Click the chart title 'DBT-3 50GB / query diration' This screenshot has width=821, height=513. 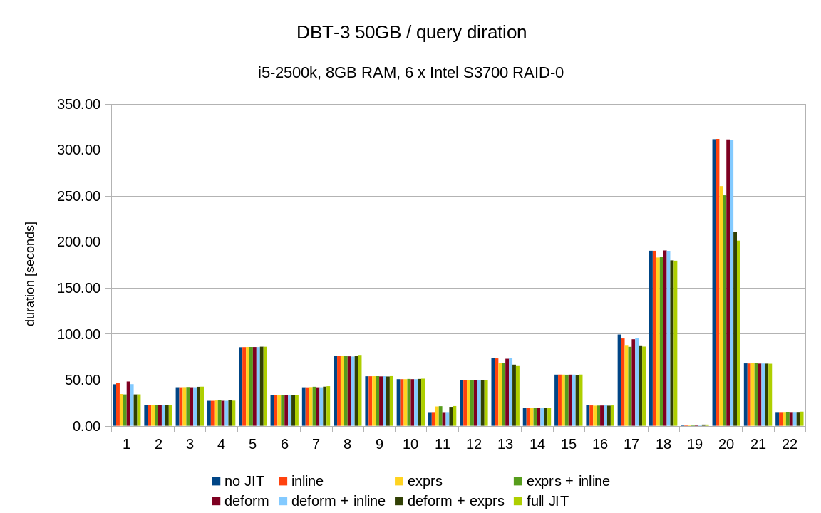pyautogui.click(x=411, y=33)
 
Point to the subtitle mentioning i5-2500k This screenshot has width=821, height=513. pyautogui.click(x=410, y=73)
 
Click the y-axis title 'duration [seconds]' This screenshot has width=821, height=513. pyautogui.click(x=30, y=274)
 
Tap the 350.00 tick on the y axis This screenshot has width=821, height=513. pyautogui.click(x=78, y=105)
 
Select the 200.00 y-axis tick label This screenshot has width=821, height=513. pyautogui.click(x=78, y=242)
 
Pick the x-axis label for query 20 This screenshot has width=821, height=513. pyautogui.click(x=726, y=445)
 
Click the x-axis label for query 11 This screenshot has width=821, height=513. pyautogui.click(x=442, y=445)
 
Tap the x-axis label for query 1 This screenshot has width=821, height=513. pyautogui.click(x=126, y=445)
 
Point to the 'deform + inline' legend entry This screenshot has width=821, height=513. pyautogui.click(x=331, y=502)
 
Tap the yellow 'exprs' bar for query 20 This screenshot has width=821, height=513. pyautogui.click(x=721, y=306)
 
